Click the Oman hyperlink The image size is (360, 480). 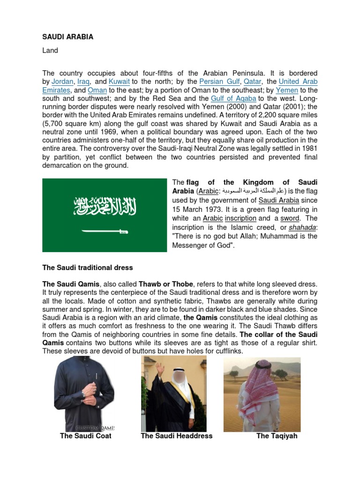coord(97,90)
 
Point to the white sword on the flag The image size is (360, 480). coord(105,231)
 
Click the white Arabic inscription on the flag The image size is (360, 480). coord(105,206)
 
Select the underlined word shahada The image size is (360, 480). coord(302,227)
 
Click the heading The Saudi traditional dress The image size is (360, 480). coord(88,268)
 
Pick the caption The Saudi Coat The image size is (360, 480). coord(86,436)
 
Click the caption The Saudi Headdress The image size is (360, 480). coord(176,436)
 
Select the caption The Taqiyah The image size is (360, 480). coord(277,436)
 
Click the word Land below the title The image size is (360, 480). coord(50,51)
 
